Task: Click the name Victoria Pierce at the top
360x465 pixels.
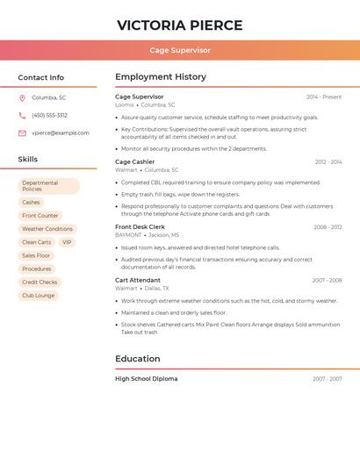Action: pos(180,25)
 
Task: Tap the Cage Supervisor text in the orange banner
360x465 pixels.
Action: pos(180,51)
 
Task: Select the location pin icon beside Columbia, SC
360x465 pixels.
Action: pos(22,98)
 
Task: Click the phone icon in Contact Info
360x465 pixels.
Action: pos(22,116)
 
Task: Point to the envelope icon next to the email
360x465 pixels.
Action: pos(22,133)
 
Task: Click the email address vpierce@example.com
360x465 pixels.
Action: pos(61,133)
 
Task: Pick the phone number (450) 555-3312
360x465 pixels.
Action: pos(50,116)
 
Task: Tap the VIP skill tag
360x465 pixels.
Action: pos(68,242)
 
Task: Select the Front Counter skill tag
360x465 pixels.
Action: pos(40,216)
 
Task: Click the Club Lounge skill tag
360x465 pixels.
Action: pos(39,296)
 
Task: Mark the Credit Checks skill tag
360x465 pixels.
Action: pos(40,283)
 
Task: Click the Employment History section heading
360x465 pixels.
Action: pos(161,77)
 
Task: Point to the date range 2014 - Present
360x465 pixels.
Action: pos(324,97)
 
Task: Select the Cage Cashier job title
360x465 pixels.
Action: pos(134,162)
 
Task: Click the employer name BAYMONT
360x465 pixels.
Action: pos(128,235)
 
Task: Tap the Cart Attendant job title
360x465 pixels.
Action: pos(138,281)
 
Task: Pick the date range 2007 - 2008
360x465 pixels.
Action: pos(327,281)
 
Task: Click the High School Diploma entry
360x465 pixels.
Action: pos(146,379)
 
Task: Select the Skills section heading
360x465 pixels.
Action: pos(28,160)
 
